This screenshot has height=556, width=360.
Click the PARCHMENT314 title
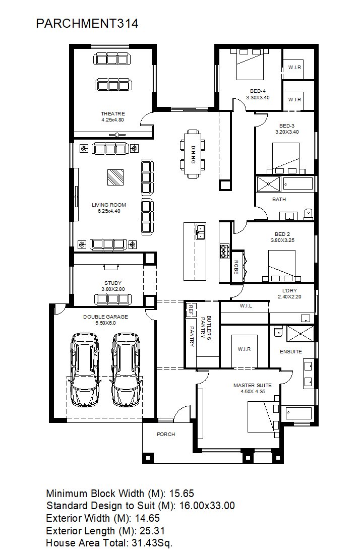[87, 23]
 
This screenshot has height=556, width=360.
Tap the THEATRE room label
[113, 113]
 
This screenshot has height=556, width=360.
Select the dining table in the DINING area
[193, 154]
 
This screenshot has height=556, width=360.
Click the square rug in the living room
[115, 177]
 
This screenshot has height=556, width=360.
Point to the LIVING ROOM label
[109, 205]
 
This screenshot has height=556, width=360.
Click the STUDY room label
[113, 283]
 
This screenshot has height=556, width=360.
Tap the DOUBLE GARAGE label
[106, 317]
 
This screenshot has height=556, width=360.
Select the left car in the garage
[85, 369]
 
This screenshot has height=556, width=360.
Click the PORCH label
[166, 434]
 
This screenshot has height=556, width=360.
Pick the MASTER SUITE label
[253, 385]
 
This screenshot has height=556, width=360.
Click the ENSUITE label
[291, 351]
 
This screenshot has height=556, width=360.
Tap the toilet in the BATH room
[308, 214]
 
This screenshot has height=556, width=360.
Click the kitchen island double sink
[200, 231]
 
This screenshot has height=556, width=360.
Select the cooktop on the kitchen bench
[225, 251]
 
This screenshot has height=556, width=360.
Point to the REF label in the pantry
[191, 310]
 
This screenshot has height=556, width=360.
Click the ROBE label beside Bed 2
[236, 267]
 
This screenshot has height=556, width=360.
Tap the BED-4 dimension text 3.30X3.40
[258, 97]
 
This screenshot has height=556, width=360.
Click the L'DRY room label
[289, 290]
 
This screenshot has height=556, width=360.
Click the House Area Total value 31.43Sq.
[152, 542]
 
